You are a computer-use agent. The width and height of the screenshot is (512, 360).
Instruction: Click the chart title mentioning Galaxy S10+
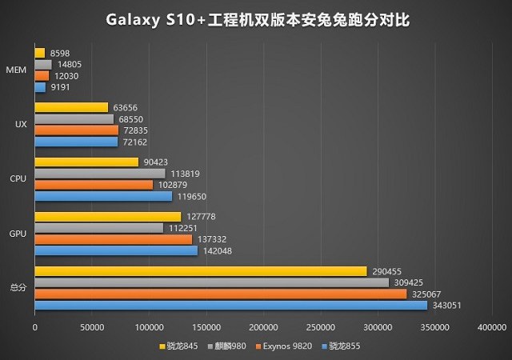(x=256, y=18)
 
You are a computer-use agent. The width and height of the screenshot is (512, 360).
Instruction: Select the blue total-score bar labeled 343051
(x=231, y=305)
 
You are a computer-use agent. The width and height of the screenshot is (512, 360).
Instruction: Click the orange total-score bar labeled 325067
(x=221, y=294)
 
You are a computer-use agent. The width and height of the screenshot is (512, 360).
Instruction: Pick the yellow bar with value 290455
(x=201, y=271)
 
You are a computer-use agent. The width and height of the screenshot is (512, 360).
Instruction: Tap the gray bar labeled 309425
(x=212, y=282)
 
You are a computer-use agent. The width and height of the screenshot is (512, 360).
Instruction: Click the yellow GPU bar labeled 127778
(x=108, y=217)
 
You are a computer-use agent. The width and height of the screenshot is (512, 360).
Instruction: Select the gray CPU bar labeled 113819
(x=100, y=173)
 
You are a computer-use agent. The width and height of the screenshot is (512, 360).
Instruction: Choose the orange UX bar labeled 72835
(x=77, y=130)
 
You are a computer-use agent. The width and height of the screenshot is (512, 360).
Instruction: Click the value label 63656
(x=126, y=107)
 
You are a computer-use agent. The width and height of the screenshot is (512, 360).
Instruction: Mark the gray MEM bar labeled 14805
(x=43, y=64)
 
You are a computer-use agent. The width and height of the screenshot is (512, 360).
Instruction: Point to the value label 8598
(x=59, y=53)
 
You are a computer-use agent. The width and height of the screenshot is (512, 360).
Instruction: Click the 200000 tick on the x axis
(x=263, y=326)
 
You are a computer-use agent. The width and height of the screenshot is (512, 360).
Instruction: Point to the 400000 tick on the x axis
(x=491, y=326)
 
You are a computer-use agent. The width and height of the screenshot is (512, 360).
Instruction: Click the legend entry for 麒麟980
(x=229, y=346)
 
